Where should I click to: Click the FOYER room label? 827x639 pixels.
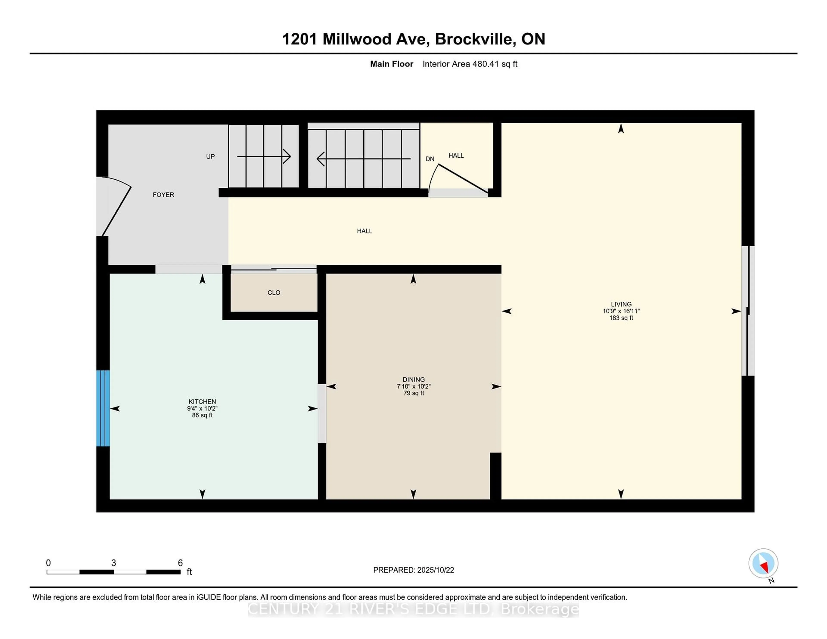[163, 195]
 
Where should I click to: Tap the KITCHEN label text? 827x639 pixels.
[202, 402]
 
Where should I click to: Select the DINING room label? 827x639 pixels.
[413, 379]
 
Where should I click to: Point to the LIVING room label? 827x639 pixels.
[621, 304]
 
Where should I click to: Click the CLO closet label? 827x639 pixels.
[274, 293]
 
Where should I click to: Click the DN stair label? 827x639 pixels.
[430, 159]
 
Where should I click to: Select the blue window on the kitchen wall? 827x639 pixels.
[103, 408]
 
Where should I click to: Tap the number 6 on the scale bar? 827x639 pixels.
[180, 563]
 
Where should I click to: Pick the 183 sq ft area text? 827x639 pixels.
[621, 318]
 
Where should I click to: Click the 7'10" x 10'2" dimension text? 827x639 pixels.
[413, 386]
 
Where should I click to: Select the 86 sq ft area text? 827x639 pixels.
[202, 415]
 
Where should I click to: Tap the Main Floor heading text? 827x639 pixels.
[392, 64]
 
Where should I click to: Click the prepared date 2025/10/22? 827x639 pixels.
[435, 570]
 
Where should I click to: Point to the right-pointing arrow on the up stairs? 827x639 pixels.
[264, 156]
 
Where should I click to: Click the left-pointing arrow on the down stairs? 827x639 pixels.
[364, 159]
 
